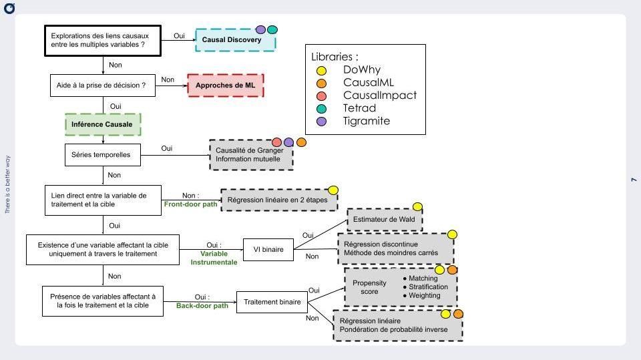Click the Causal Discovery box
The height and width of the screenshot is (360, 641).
tap(235, 41)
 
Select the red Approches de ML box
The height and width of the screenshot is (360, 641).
tap(226, 85)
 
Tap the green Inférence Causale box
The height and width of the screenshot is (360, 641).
tap(103, 124)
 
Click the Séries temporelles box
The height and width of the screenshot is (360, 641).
tap(102, 156)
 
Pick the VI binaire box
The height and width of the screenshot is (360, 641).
tap(268, 250)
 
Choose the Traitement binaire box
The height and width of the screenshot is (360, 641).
tap(271, 302)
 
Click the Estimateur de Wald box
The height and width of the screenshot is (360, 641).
tap(384, 220)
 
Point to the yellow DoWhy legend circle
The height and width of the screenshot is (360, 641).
tap(321, 70)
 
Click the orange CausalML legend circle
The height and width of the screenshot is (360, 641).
tap(321, 83)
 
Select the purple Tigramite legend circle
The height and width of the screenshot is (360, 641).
tap(321, 121)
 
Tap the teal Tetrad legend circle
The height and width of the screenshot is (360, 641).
tap(321, 108)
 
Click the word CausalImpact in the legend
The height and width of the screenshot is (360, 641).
tap(379, 96)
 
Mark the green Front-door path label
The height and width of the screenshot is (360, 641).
tap(190, 204)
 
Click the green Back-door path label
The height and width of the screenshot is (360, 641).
tap(202, 306)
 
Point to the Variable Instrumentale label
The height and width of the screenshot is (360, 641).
tap(214, 258)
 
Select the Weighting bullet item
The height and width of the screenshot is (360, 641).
tap(424, 295)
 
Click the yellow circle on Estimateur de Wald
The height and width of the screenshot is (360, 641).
tap(417, 207)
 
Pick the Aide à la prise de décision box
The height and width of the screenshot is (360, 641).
tap(102, 85)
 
